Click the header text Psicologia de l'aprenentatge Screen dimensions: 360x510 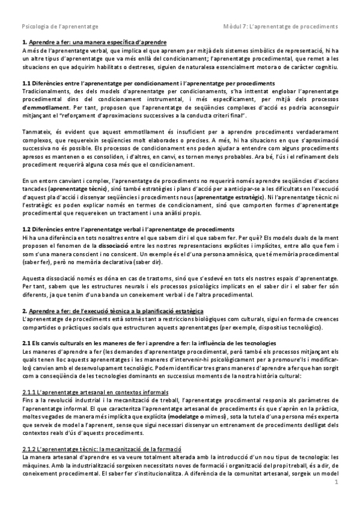coord(60,26)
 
